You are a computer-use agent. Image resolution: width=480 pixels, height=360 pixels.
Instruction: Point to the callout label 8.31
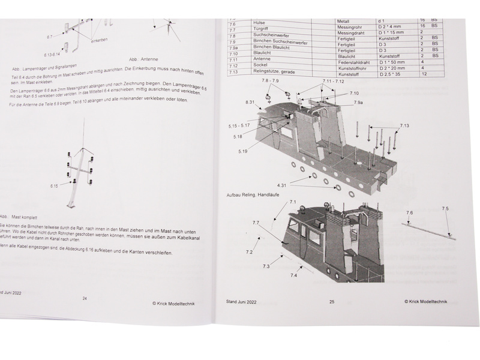tap(251, 103)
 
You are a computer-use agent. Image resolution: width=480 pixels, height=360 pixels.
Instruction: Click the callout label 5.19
tap(242, 151)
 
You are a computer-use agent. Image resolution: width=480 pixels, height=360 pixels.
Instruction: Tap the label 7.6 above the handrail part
tap(409, 212)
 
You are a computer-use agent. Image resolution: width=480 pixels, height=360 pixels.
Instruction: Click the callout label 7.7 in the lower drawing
tap(256, 223)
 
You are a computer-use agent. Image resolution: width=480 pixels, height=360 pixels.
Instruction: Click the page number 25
tap(332, 301)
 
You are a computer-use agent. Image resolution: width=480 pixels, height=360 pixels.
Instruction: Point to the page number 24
tap(84, 298)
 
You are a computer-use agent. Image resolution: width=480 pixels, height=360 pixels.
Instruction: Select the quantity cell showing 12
tap(424, 74)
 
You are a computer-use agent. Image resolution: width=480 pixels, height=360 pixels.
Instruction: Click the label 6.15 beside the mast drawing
tap(53, 187)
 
